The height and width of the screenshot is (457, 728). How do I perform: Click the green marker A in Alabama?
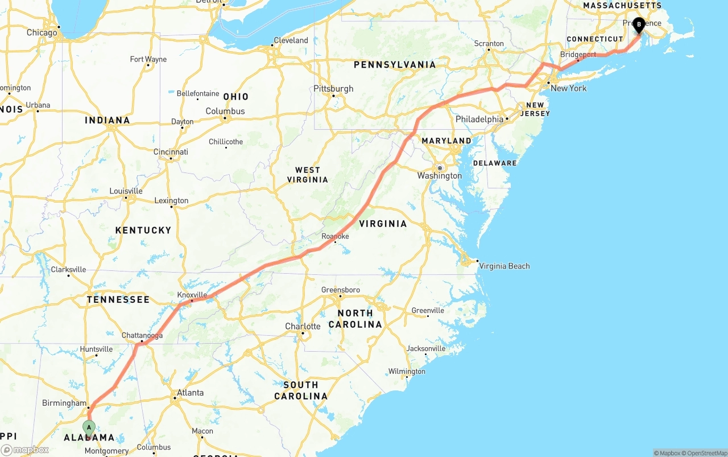pos(89,427)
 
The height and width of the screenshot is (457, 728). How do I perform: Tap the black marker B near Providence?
pos(639,24)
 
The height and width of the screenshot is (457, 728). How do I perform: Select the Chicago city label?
pos(42,32)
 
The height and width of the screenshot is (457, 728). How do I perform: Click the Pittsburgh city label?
pos(333,89)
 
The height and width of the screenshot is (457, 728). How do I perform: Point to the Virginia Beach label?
pos(504,266)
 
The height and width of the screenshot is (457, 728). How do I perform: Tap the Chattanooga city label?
pos(142,335)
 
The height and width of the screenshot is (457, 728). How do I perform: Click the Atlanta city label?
pos(190,393)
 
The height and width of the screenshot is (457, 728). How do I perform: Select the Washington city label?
pos(440,176)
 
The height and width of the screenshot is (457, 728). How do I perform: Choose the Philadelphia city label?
pos(479,120)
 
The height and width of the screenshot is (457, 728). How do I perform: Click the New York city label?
pos(568,88)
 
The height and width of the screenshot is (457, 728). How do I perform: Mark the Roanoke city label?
pos(335,236)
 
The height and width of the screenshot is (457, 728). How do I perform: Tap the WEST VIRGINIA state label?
pos(308,175)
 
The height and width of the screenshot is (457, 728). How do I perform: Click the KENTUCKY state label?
pos(143,230)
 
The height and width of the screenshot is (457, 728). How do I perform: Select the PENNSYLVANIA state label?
pos(395,65)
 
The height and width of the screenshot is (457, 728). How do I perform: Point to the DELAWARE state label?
pos(495,163)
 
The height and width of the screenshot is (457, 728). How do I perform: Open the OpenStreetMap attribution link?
pos(706,453)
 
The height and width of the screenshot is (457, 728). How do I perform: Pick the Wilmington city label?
pos(407,372)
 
